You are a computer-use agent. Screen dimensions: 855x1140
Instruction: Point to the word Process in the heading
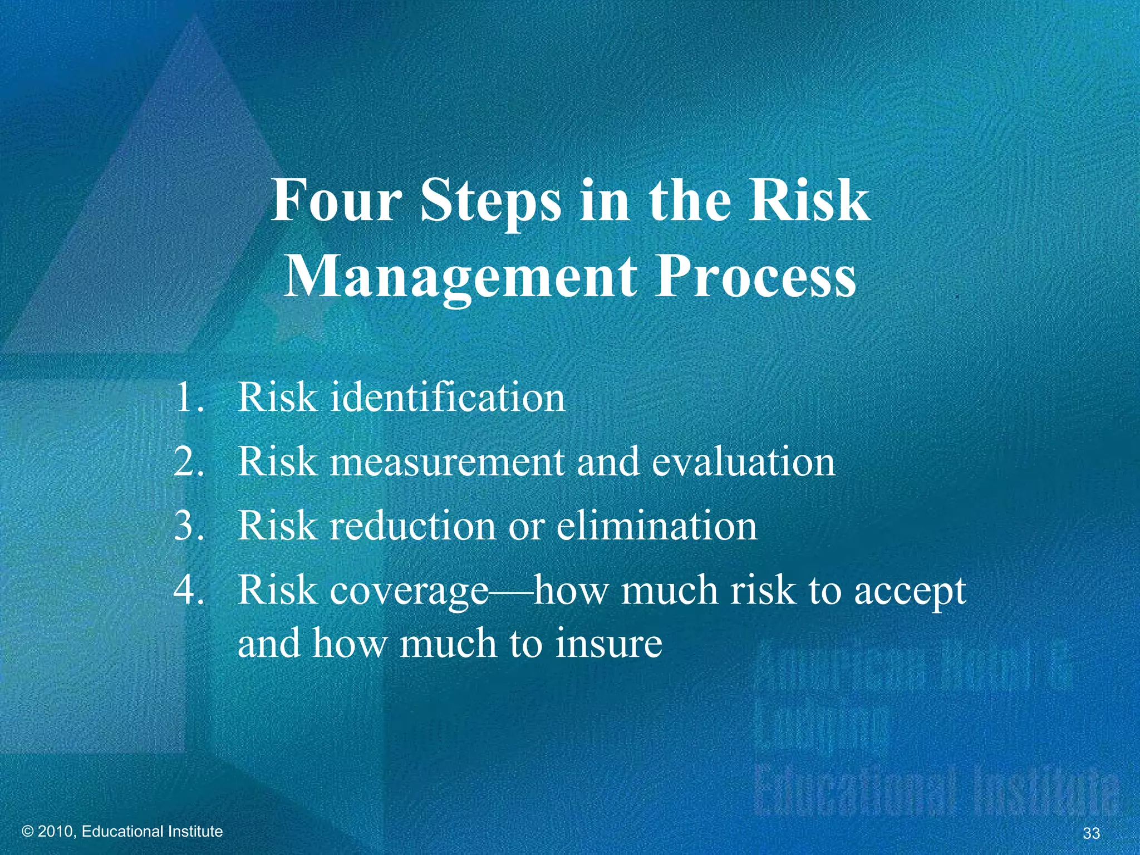(755, 276)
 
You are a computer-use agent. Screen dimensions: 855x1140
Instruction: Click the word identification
(448, 397)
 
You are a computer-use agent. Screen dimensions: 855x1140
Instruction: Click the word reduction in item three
(412, 526)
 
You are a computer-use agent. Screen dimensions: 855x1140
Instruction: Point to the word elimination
(657, 526)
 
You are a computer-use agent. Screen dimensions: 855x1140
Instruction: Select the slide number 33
(1092, 833)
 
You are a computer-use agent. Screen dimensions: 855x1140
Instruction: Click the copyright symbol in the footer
(28, 832)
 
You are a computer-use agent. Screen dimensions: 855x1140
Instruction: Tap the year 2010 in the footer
(57, 832)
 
